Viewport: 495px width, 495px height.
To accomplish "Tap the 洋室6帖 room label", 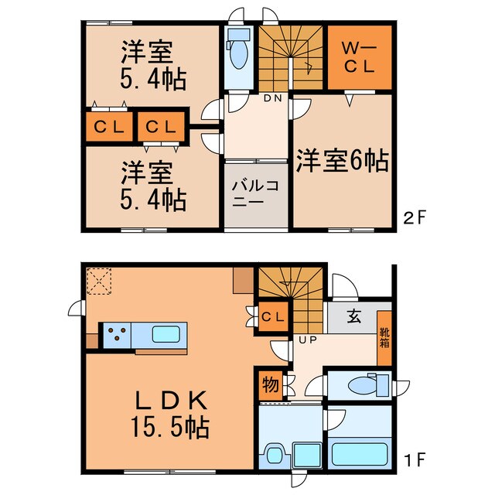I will [340, 160].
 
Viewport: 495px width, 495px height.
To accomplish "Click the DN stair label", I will [273, 98].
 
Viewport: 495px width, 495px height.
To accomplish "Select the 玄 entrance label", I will [353, 316].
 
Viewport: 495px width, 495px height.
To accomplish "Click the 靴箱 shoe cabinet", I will [384, 338].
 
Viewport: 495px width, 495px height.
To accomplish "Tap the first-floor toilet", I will [364, 384].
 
